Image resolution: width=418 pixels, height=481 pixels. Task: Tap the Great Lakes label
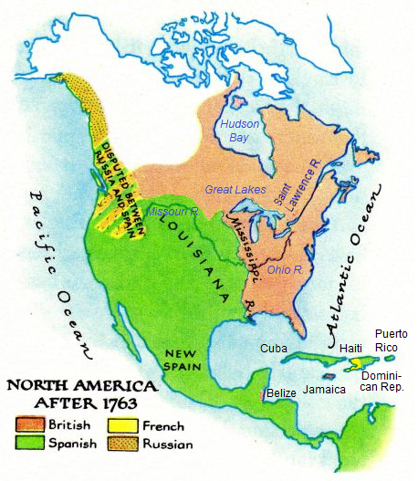click(235, 189)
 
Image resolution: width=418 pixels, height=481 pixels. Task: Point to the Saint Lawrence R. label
click(300, 182)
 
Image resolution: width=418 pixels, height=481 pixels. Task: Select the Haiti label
click(339, 348)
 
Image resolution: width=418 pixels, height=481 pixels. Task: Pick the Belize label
click(281, 392)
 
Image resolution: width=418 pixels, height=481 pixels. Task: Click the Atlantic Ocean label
click(351, 274)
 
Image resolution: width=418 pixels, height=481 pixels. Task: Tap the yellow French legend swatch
click(120, 425)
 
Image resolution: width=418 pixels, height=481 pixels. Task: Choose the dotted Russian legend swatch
click(120, 444)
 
